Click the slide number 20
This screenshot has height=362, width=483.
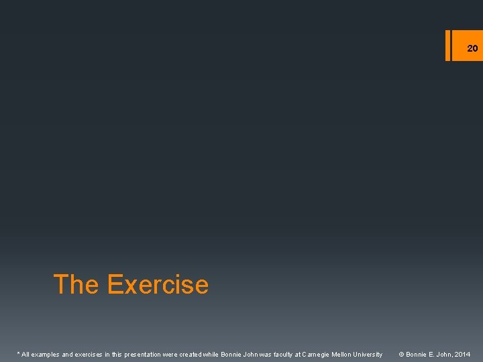click(x=472, y=48)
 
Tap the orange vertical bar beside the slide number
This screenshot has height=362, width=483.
click(x=448, y=45)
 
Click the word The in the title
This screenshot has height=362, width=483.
click(x=76, y=285)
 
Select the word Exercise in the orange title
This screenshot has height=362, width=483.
click(x=157, y=285)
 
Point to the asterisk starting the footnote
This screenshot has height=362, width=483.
click(x=18, y=353)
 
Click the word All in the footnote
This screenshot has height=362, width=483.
click(x=26, y=354)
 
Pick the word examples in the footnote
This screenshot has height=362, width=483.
click(x=46, y=354)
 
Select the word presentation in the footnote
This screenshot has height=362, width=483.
click(x=146, y=354)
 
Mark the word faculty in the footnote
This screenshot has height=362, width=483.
click(x=282, y=354)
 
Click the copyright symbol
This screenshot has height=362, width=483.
click(x=402, y=354)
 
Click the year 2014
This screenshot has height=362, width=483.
click(x=462, y=354)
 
